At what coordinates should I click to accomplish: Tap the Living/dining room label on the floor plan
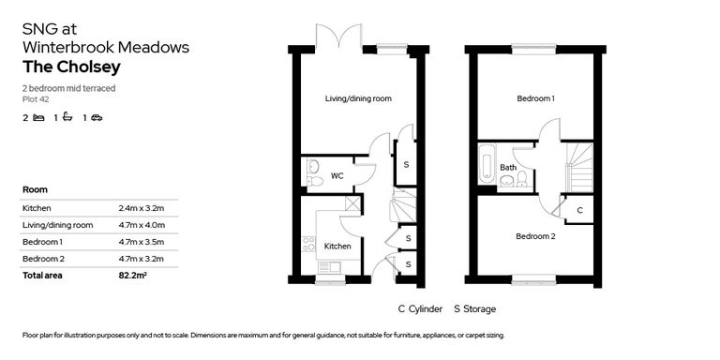pos(357,98)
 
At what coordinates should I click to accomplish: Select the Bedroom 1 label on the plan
pos(534,98)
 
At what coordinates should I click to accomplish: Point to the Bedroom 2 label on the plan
pos(534,236)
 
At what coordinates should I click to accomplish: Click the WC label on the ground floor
pos(336,175)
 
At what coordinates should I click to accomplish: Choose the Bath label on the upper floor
pos(507,168)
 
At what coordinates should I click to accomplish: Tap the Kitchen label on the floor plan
pos(337,246)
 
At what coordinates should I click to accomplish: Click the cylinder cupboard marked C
pos(579,210)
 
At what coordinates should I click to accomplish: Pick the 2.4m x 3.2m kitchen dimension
pos(141,208)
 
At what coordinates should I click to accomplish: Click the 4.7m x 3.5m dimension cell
pos(141,242)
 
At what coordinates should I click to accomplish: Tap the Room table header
pos(35,189)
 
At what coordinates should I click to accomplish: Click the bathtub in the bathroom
pos(487,164)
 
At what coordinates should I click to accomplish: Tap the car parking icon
pos(97,118)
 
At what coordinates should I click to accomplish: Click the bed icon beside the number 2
pos(38,118)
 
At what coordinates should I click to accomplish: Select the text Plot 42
pos(36,98)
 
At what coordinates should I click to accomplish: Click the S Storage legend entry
pos(474,308)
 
